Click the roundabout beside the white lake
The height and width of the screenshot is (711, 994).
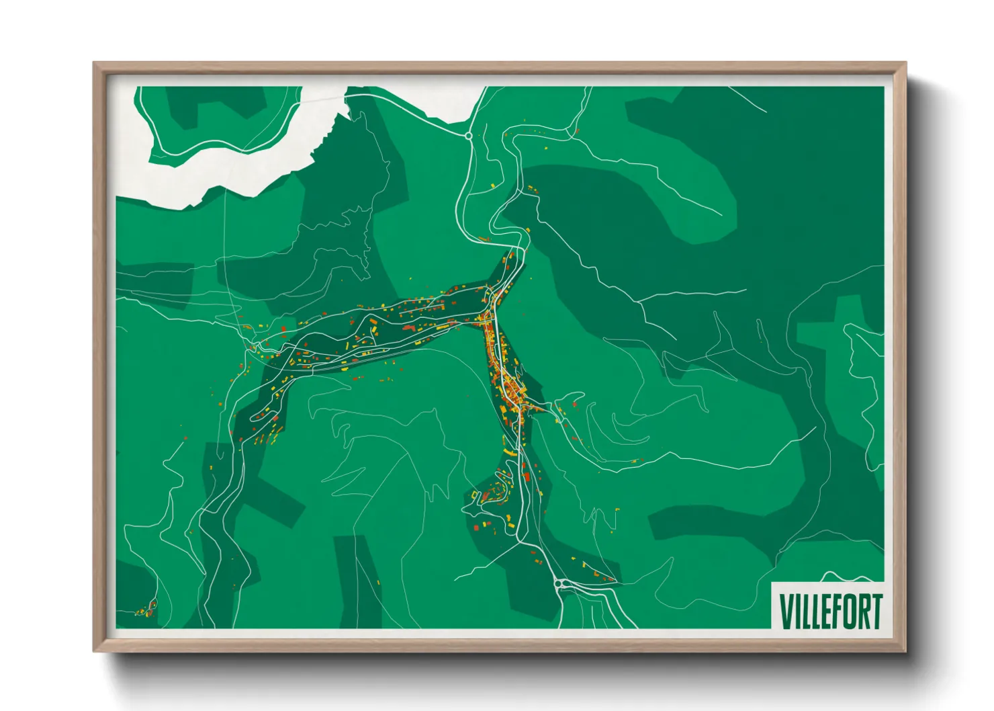click(468, 136)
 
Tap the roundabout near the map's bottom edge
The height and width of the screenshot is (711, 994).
click(559, 583)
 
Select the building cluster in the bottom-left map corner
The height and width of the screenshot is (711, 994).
click(144, 610)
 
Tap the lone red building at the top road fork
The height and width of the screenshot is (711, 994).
click(576, 132)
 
